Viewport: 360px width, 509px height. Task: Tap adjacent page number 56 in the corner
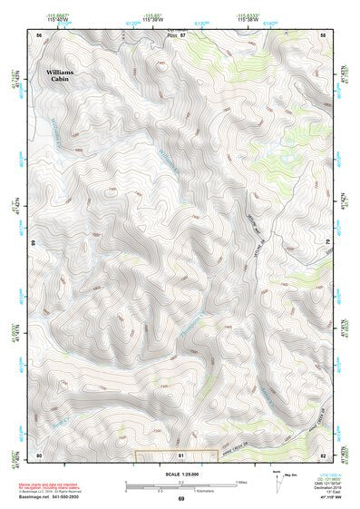tap(39, 34)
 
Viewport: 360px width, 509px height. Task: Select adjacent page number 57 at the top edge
tap(181, 34)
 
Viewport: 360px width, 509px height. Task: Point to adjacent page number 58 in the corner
tap(323, 34)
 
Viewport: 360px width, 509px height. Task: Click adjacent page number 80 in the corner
tap(39, 454)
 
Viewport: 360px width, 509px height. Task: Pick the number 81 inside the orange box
tap(181, 454)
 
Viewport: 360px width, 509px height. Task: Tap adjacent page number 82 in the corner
tap(323, 454)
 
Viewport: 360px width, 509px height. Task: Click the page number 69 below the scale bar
tap(180, 500)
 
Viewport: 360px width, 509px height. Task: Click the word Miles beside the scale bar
tap(242, 481)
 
